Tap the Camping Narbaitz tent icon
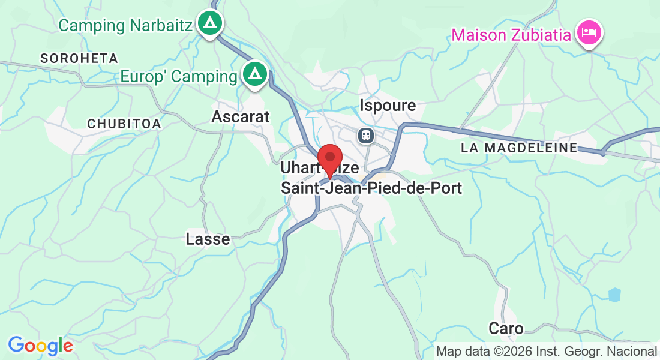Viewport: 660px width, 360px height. tap(209, 23)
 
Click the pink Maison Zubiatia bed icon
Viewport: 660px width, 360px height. tap(589, 32)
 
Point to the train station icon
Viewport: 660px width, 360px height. tap(365, 135)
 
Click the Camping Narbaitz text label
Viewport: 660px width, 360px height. tap(125, 26)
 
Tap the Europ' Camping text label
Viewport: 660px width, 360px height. tap(178, 77)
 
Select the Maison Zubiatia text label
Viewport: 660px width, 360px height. tap(511, 35)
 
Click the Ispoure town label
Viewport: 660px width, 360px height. tap(388, 106)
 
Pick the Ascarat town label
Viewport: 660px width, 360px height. tap(241, 116)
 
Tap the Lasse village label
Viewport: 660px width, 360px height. tap(208, 239)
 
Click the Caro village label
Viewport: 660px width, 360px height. tap(506, 329)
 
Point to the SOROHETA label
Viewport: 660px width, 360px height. tap(79, 58)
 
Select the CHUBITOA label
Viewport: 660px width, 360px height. tap(124, 124)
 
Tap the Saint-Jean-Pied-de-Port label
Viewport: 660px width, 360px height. tap(371, 188)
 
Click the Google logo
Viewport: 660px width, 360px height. tap(40, 346)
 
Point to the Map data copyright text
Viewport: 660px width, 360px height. tap(547, 352)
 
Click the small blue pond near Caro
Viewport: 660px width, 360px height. tap(614, 295)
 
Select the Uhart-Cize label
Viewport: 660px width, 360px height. tap(300, 169)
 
